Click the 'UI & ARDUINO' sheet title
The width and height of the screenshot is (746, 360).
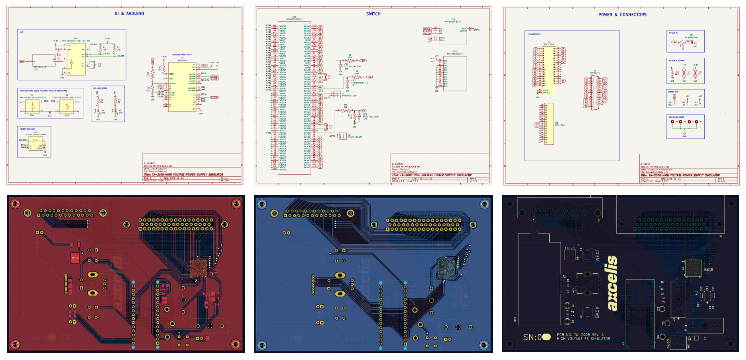pyautogui.click(x=129, y=13)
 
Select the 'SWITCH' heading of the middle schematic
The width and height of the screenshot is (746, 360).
pyautogui.click(x=373, y=14)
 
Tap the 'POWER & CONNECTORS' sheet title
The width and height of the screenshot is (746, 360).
pyautogui.click(x=622, y=15)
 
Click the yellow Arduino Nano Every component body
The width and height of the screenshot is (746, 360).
pyautogui.click(x=182, y=87)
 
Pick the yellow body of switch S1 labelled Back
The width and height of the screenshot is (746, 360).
pyautogui.click(x=32, y=107)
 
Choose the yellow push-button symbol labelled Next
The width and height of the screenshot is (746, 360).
pyautogui.click(x=67, y=107)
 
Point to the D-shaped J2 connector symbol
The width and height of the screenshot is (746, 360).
pyautogui.click(x=595, y=93)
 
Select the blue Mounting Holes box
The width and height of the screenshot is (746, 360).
pyautogui.click(x=685, y=127)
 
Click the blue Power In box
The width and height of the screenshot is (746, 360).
pyautogui.click(x=685, y=42)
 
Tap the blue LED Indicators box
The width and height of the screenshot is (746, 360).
pyautogui.click(x=108, y=104)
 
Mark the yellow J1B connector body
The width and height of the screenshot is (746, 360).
pyautogui.click(x=549, y=124)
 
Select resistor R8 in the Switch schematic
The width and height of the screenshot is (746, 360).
pyautogui.click(x=350, y=61)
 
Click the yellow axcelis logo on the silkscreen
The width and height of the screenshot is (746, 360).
pyautogui.click(x=612, y=283)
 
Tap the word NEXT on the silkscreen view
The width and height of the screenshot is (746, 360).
pyautogui.click(x=598, y=255)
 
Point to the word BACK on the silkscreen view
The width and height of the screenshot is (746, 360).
pyautogui.click(x=597, y=312)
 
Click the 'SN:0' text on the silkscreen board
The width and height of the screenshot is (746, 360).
pyautogui.click(x=533, y=337)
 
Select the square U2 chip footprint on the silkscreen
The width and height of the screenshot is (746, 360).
pyautogui.click(x=693, y=268)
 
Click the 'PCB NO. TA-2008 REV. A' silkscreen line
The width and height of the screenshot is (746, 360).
pyautogui.click(x=580, y=335)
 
